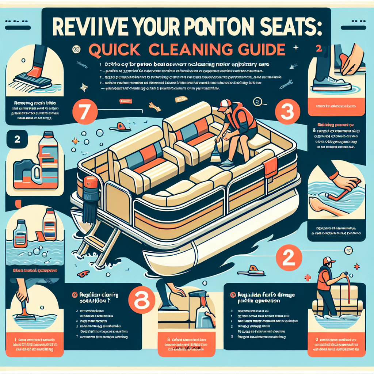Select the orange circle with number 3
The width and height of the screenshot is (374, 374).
286,112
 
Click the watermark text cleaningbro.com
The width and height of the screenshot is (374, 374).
187,347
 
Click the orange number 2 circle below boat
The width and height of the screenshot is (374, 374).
289,257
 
